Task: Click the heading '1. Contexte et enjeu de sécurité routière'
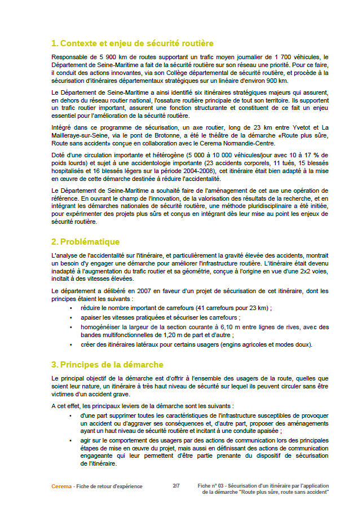(132, 43)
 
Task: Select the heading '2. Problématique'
(85, 242)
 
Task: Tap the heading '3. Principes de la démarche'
(107, 365)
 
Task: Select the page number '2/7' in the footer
(176, 485)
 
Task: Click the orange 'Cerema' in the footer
(61, 486)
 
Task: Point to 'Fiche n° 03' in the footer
(213, 485)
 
